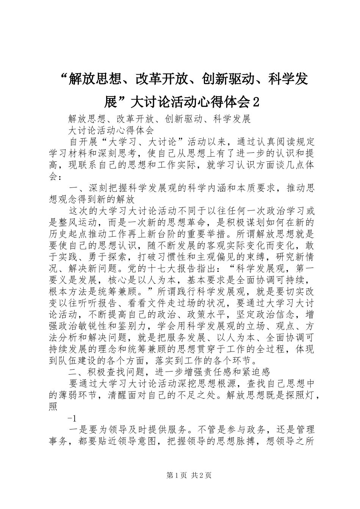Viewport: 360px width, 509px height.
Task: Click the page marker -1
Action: pos(72,418)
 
